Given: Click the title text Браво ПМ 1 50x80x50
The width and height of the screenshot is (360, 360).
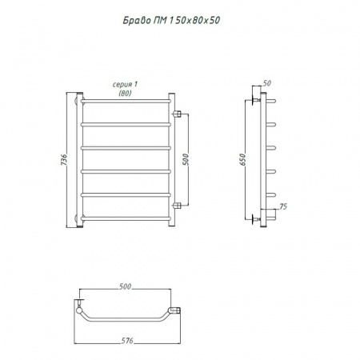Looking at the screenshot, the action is [x=171, y=20].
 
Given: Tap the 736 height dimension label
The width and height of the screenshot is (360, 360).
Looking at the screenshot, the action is [x=64, y=160].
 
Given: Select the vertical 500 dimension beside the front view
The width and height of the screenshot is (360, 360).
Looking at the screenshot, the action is [x=186, y=159].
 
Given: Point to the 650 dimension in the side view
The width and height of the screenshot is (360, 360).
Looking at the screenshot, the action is [x=242, y=159].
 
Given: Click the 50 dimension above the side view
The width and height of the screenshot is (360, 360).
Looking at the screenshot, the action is [x=266, y=83].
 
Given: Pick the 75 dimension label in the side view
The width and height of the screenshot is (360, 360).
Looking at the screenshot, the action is [x=283, y=206].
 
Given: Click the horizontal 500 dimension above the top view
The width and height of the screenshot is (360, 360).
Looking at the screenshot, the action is [x=125, y=286].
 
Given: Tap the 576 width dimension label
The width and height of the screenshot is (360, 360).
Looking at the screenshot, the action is [x=127, y=341].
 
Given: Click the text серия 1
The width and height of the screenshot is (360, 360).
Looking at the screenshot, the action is [x=125, y=85].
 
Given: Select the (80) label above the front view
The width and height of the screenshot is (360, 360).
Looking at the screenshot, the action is [x=125, y=93].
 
